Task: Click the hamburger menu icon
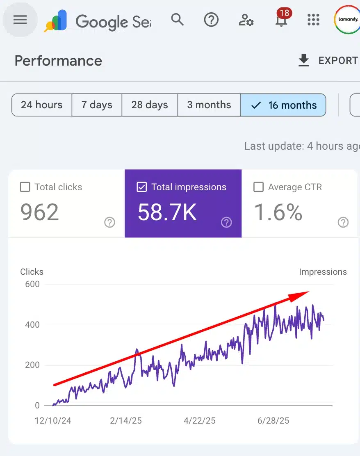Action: coord(20,20)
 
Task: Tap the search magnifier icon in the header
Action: coord(177,19)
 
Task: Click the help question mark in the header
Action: coord(211,19)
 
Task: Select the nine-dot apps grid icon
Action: coord(313,20)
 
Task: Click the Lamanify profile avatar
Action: coord(347,19)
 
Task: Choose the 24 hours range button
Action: coord(42,105)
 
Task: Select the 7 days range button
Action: coord(97,105)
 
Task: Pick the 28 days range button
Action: coord(150,105)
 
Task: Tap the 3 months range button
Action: coord(209,105)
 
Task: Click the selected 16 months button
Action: coord(283,105)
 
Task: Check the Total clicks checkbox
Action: coord(25,187)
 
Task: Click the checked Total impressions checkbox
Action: coord(141,187)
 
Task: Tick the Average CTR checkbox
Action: coord(258,187)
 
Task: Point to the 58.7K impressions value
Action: coord(167,212)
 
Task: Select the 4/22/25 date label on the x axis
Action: coord(200,421)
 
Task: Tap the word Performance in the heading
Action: coord(58,61)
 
